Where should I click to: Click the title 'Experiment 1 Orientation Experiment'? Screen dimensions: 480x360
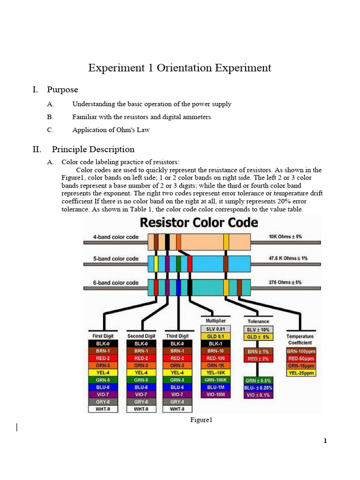tap(180, 68)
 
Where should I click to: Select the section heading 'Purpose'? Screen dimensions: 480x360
tap(62, 90)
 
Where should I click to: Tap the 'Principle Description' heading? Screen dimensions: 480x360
tap(93, 150)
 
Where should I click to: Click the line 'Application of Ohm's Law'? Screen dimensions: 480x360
tap(111, 129)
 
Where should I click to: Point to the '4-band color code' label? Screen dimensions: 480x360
tap(116, 237)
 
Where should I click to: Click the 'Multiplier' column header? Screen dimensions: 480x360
tap(215, 321)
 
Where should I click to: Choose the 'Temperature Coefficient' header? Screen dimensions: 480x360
tap(300, 339)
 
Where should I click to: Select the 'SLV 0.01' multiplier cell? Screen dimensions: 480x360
tap(216, 329)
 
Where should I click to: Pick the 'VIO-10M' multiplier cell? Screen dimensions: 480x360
tap(216, 395)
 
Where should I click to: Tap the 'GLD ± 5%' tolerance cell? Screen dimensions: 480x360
tap(258, 337)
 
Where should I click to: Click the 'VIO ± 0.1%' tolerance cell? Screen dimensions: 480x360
tap(258, 395)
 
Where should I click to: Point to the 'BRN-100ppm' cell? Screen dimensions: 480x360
tap(302, 351)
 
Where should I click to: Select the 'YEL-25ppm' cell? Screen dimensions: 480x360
tap(302, 373)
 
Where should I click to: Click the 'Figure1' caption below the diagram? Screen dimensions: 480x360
tap(202, 420)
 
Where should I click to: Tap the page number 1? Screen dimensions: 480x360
tap(324, 441)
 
